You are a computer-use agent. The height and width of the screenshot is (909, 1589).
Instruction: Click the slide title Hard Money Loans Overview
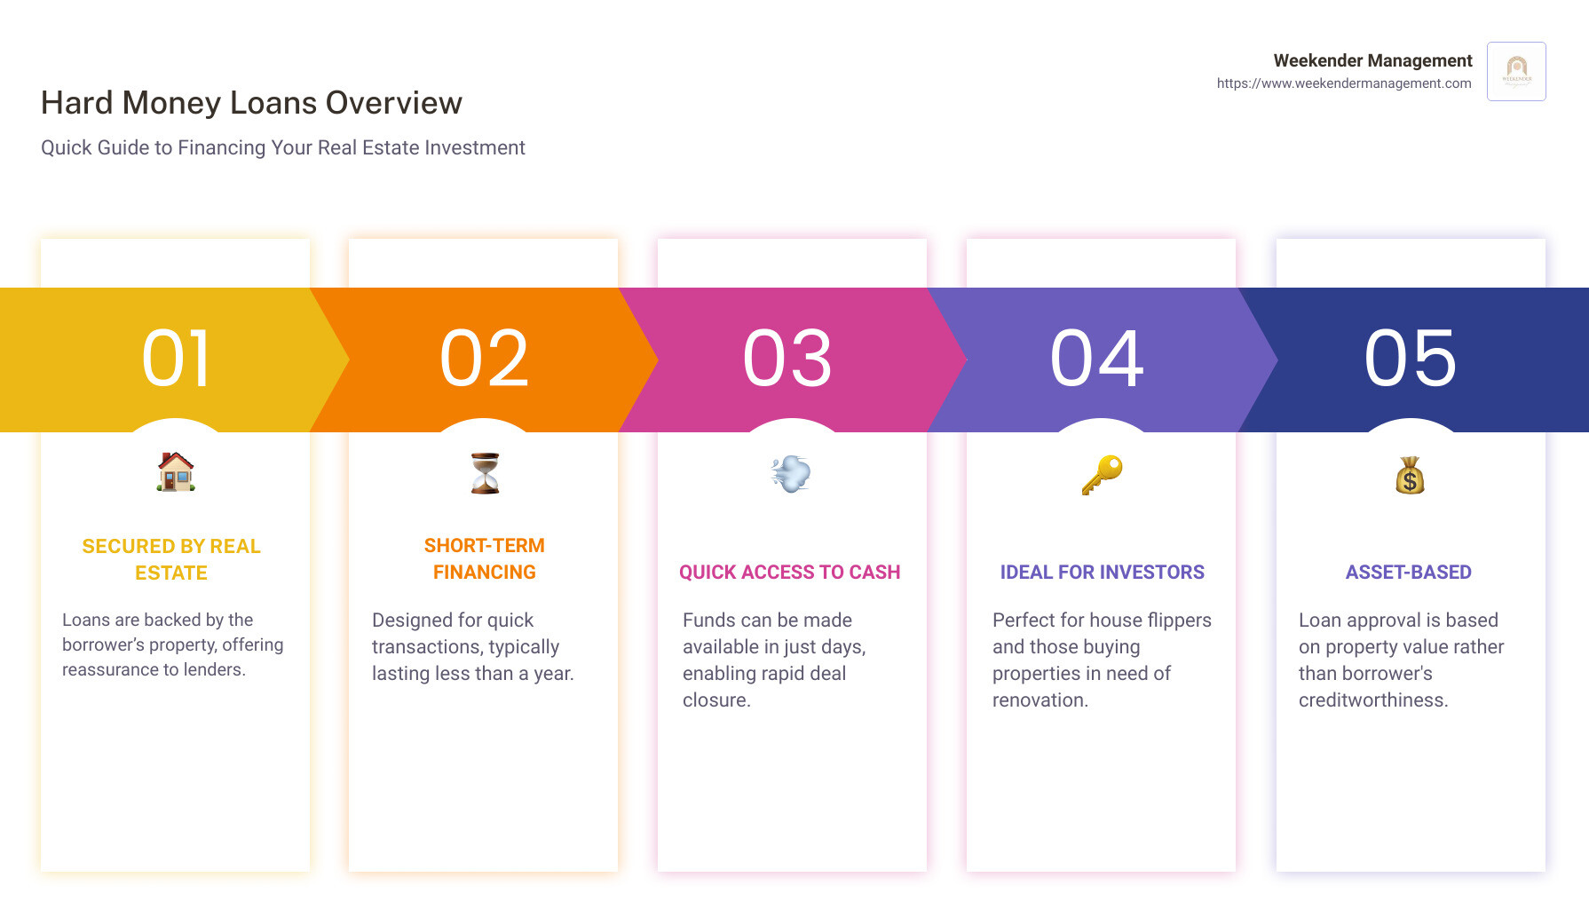coord(251,103)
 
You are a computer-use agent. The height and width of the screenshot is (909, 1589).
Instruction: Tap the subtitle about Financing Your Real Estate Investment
coord(283,147)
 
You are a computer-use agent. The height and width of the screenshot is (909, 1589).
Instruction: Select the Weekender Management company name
coord(1372,60)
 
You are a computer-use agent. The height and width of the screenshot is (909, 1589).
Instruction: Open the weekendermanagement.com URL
coord(1344,83)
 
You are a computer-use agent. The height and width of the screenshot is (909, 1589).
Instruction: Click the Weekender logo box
coord(1516,71)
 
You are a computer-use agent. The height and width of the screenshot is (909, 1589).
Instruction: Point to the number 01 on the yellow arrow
coord(177,359)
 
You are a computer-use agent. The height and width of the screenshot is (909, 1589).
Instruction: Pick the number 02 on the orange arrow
coord(485,359)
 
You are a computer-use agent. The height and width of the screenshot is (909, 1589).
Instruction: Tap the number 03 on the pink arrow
coord(788,359)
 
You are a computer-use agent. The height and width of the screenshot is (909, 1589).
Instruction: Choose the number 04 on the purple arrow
coord(1097,359)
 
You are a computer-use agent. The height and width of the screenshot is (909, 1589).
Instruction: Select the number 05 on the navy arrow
coord(1411,359)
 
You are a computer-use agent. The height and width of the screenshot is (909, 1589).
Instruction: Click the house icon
coord(176,471)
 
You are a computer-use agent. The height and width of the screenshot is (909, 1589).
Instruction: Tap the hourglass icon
coord(485,473)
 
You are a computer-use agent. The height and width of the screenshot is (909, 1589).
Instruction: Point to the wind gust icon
coord(791,474)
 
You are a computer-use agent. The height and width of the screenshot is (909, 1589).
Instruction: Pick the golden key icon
coord(1102,475)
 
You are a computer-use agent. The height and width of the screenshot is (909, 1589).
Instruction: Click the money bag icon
coord(1410,475)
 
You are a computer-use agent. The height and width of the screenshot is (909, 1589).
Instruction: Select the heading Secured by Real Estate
coord(171,559)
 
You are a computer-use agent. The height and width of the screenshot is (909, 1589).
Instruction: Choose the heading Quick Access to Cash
coord(790,573)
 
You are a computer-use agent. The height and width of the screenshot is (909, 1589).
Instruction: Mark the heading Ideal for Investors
coord(1103,573)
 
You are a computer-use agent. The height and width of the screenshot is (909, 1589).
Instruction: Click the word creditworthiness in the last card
coord(1373,700)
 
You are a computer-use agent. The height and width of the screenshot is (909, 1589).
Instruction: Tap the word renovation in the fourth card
coord(1040,700)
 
